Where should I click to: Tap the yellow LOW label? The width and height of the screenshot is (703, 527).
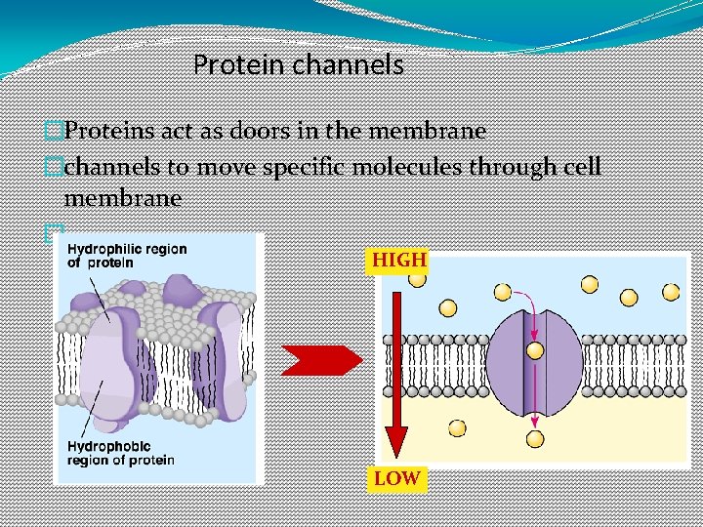tap(396, 478)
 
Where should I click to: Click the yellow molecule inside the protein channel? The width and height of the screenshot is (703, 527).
tap(534, 350)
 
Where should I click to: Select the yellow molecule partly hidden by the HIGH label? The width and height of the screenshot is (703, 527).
tap(418, 279)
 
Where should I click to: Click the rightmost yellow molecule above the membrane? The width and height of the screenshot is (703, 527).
tap(671, 292)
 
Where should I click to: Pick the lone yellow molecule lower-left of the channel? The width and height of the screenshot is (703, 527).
tap(456, 428)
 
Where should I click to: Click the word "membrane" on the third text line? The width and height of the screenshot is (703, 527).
tap(122, 198)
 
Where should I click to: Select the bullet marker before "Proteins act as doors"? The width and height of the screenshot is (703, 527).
tap(54, 130)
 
